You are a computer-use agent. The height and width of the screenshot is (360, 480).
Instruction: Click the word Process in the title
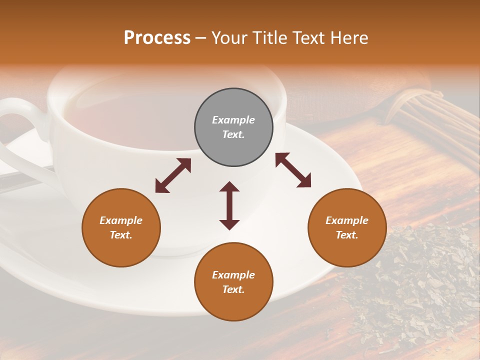pos(157,38)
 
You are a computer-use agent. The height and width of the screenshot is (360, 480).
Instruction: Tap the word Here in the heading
pos(348,38)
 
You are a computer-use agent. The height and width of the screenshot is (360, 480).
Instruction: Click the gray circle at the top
pos(233,127)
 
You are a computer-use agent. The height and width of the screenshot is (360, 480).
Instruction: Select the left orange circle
pos(121,227)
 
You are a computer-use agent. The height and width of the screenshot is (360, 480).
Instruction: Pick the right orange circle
pos(347,227)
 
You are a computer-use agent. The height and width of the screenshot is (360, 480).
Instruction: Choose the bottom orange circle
pos(233,281)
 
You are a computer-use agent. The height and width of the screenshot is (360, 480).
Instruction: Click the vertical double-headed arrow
pos(229,205)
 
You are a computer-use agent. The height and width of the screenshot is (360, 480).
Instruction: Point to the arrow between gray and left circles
pos(173,175)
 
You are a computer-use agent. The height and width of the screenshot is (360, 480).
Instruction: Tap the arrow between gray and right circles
pos(293,170)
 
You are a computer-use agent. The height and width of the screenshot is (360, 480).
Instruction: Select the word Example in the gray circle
pos(233,120)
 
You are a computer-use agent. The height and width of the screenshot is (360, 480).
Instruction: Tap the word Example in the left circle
pos(121,220)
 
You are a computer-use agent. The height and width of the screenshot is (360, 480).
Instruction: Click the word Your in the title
pos(228,38)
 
